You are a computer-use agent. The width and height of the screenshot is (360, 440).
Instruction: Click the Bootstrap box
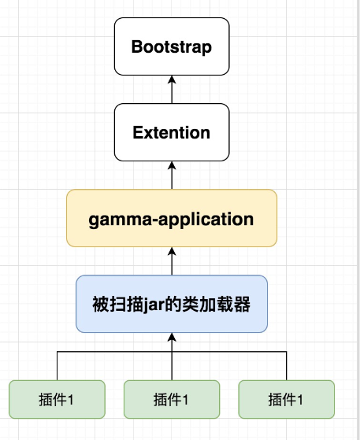[172, 47]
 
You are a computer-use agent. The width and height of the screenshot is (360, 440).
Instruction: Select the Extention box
[172, 132]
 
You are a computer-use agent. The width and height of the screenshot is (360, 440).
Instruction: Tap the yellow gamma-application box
[172, 218]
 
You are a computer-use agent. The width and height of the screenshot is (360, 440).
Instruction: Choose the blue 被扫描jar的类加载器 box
[172, 304]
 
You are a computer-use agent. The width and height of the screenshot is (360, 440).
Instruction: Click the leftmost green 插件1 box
[57, 399]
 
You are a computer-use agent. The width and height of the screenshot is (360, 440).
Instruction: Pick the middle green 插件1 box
[172, 399]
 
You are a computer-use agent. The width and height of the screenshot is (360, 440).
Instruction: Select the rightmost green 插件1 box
[287, 399]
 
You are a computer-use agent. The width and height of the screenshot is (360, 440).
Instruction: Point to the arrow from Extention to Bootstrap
[172, 91]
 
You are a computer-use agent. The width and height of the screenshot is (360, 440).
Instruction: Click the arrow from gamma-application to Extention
[172, 176]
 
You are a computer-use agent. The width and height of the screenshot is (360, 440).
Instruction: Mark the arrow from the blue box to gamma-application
[172, 262]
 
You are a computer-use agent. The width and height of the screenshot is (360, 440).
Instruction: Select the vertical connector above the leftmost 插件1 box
[57, 366]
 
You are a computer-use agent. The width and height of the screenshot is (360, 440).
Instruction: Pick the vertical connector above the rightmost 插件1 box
[287, 366]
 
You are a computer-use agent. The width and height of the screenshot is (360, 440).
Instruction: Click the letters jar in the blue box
[161, 304]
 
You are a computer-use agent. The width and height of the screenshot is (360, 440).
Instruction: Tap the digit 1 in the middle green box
[186, 399]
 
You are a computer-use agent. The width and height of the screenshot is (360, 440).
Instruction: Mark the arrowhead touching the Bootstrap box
[172, 79]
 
